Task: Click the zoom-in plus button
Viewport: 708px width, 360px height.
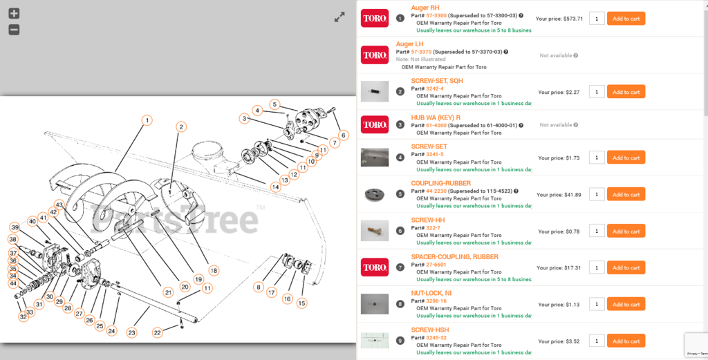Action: point(14,13)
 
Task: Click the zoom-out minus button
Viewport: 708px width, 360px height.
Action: point(14,30)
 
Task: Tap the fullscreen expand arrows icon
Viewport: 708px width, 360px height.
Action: point(339,17)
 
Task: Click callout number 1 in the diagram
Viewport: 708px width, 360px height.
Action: point(147,120)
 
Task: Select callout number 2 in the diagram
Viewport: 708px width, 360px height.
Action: point(181,126)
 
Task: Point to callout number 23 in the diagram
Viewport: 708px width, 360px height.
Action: point(132,332)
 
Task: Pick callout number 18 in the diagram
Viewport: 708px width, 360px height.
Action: point(214,270)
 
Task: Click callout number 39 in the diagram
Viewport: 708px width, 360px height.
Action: point(15,227)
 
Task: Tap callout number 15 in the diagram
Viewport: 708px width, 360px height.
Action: point(301,303)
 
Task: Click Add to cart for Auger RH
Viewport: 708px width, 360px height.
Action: point(626,19)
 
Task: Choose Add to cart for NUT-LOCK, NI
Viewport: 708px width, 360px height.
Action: point(626,304)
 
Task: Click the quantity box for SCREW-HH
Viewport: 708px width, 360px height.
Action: point(597,231)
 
